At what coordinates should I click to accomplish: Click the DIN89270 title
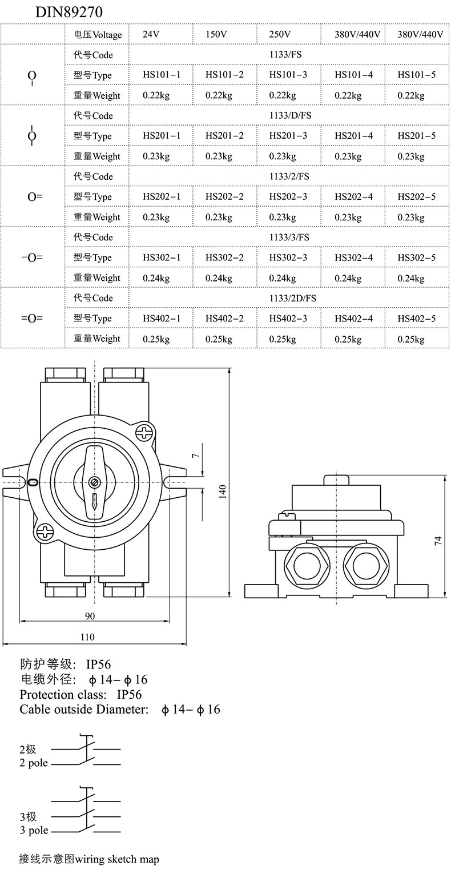[x=69, y=13]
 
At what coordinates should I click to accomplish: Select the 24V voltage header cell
[x=151, y=34]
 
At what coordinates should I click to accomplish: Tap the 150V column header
[x=216, y=34]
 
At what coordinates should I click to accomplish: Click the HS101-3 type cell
[x=288, y=75]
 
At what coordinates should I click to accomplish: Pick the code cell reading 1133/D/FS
[x=290, y=116]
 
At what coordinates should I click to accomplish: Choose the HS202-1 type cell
[x=162, y=197]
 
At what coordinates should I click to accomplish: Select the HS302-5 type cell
[x=417, y=258]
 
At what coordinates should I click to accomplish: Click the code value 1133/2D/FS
[x=292, y=299]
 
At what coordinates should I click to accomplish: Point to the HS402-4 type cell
[x=353, y=319]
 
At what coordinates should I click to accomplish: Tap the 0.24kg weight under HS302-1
[x=156, y=278]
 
